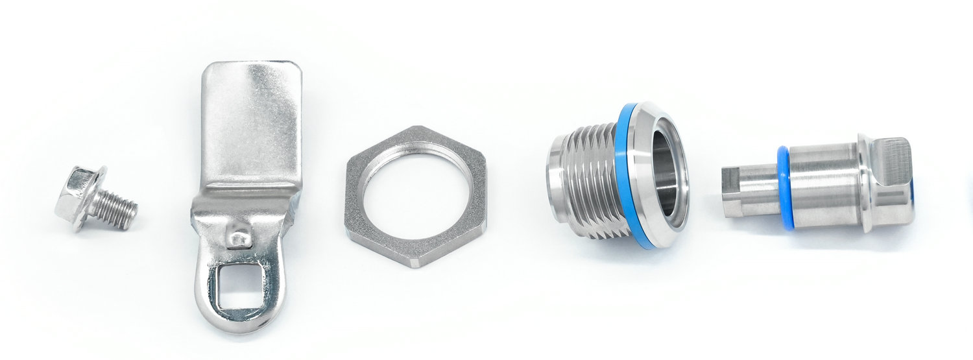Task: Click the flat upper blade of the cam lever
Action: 252,123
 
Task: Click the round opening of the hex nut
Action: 416,194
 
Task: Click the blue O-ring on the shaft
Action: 786,187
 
